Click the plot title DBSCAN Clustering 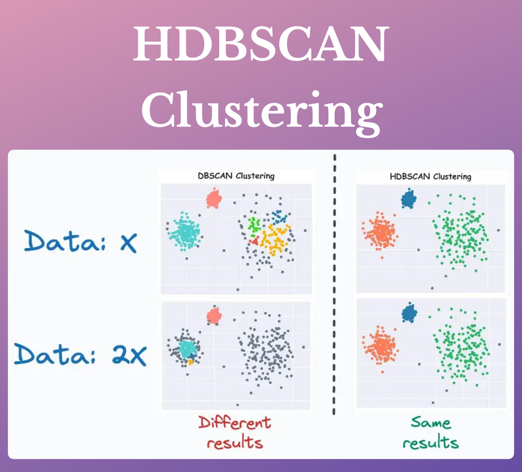click(x=236, y=176)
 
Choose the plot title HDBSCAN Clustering click(x=430, y=176)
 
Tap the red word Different click(x=234, y=422)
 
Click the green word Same click(x=431, y=422)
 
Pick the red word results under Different click(x=235, y=443)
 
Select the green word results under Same click(x=431, y=443)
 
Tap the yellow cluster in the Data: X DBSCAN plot click(x=275, y=240)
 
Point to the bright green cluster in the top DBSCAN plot click(x=255, y=228)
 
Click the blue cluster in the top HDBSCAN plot click(x=409, y=198)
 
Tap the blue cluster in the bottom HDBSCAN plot click(x=409, y=313)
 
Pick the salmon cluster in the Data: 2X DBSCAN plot click(x=213, y=316)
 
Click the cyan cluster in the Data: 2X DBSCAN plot click(x=188, y=347)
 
